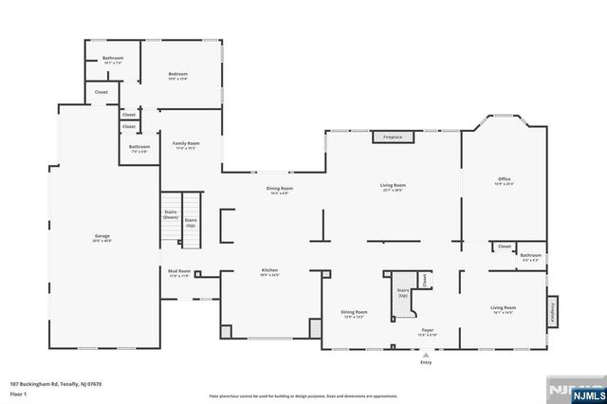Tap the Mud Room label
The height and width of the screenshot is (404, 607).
pos(179,271)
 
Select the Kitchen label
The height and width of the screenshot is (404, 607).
pos(270,270)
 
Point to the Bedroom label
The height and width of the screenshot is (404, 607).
pos(178,74)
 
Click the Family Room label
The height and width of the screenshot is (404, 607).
pos(186,143)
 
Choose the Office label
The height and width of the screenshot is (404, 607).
pos(504,178)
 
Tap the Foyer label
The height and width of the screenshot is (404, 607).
pos(428,331)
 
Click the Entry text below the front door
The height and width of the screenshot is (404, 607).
pos(426,362)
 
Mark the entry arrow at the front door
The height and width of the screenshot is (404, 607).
pos(426,354)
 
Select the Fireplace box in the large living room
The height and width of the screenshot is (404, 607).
pos(393,138)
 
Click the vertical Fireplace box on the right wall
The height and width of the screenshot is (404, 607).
pos(553,311)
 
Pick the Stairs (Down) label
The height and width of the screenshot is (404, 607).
pos(171,214)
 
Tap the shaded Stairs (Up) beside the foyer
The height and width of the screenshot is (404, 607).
pos(402,292)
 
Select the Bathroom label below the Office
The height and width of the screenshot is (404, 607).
pos(530,254)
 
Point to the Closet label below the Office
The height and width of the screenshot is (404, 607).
pos(505,247)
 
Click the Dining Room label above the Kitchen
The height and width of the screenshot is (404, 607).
pos(280,189)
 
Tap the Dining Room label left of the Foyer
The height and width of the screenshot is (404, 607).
pos(355,312)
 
